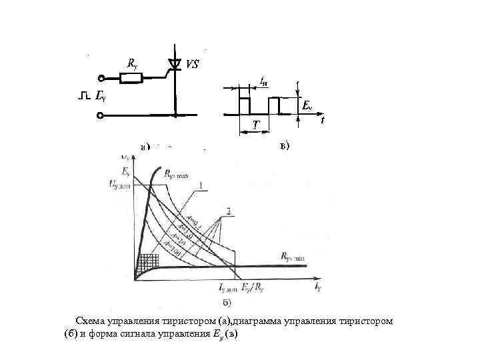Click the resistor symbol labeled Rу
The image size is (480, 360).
coord(131,78)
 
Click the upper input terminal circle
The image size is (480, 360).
coord(101,78)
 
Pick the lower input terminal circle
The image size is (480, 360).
coord(101,116)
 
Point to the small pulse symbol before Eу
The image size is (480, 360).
coord(83,97)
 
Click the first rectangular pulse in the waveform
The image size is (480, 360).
coord(244,105)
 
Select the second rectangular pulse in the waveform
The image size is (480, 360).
coord(275,105)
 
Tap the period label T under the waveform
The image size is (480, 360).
coord(257,125)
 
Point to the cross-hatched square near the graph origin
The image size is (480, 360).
coord(145,261)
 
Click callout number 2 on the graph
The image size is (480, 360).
coord(229,211)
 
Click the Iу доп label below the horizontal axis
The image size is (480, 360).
coord(228,287)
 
